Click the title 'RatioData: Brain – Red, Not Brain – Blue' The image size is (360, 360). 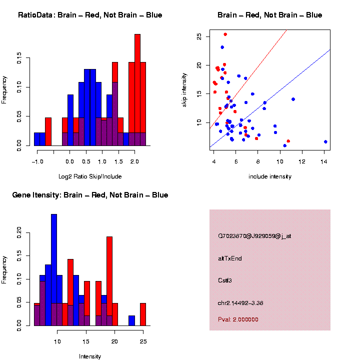[90, 15]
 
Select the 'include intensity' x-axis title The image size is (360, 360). [270, 176]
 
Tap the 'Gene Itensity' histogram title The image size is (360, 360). [90, 195]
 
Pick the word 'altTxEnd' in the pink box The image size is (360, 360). [230, 258]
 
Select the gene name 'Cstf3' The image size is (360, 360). [225, 280]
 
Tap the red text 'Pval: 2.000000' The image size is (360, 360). [238, 319]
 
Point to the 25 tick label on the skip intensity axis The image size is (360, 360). [199, 36]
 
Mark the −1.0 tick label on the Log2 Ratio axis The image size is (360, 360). [37, 161]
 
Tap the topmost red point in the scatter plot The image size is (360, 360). [225, 34]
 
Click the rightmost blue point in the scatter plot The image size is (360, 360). [325, 142]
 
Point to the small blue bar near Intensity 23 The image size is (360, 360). [131, 320]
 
